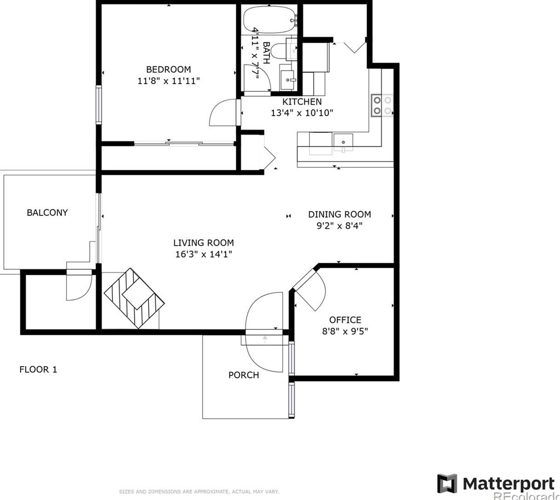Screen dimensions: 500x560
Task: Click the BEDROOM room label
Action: (x=168, y=69)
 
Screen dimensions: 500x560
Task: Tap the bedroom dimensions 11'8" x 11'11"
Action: (x=169, y=81)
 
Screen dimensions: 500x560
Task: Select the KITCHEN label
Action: (x=302, y=102)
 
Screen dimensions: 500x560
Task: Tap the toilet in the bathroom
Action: (x=279, y=51)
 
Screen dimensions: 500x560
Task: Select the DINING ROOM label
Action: (x=339, y=214)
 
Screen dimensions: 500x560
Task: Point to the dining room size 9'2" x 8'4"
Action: (x=339, y=226)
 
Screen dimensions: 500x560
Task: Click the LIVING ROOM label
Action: (x=203, y=243)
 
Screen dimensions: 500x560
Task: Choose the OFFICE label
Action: (x=345, y=320)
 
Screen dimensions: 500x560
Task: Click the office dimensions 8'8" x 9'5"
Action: (x=345, y=331)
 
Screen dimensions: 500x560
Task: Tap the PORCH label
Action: (x=243, y=375)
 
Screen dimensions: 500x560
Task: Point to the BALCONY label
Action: (x=47, y=213)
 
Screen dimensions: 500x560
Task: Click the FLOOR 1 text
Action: (x=38, y=369)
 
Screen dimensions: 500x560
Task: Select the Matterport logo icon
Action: (x=447, y=483)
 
